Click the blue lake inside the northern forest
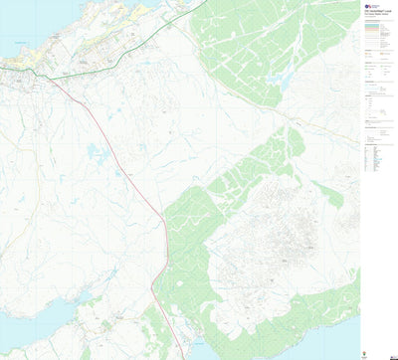tap(288, 81)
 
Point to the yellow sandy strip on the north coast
tap(139, 13)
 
